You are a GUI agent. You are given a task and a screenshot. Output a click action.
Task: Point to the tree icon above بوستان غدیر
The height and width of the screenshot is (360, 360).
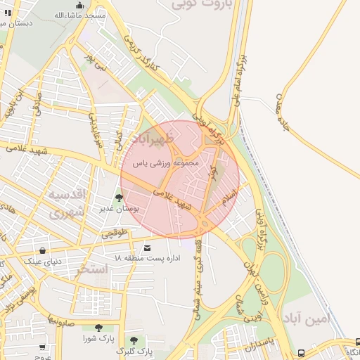(x=118, y=198)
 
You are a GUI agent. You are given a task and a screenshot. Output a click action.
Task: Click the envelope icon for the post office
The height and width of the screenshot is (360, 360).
(x=147, y=247)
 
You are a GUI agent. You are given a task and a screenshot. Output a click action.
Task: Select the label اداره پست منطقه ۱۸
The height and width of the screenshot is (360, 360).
(x=148, y=258)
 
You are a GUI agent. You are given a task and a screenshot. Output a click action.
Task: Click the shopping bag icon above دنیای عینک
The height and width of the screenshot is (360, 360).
(x=44, y=250)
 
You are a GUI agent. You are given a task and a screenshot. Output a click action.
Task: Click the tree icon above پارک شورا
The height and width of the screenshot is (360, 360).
(x=98, y=328)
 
